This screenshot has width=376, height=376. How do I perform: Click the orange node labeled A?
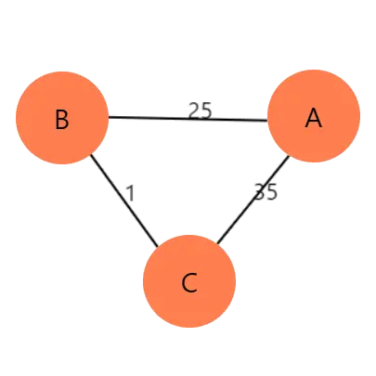coord(314,116)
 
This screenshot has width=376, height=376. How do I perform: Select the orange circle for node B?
coord(62,118)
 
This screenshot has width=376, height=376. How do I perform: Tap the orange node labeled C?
coord(189,281)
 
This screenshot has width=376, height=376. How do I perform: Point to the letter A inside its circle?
coord(314,119)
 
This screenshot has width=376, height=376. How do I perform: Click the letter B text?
coord(62,120)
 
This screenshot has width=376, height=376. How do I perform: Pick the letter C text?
coord(189,283)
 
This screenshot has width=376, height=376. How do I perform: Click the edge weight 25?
coord(201,110)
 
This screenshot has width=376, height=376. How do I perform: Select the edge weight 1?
coord(131,193)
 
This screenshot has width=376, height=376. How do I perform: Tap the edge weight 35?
coord(266,192)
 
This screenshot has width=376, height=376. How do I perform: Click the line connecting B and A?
coord(188,119)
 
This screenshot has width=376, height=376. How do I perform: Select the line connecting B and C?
coord(124,201)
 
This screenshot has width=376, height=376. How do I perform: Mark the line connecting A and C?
coord(253,200)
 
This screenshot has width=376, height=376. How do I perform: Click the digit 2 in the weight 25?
coord(194,110)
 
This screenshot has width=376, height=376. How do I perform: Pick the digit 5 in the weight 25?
coord(206,110)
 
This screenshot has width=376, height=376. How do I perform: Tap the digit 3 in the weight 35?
coord(260,192)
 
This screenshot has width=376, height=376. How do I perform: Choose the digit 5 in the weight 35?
coord(272,192)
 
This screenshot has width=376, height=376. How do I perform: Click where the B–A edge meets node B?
coord(109,117)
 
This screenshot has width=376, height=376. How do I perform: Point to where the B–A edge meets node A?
coord(267,121)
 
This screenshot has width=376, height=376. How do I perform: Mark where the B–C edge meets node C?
coord(158,247)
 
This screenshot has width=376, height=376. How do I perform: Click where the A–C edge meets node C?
coord(217,243)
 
